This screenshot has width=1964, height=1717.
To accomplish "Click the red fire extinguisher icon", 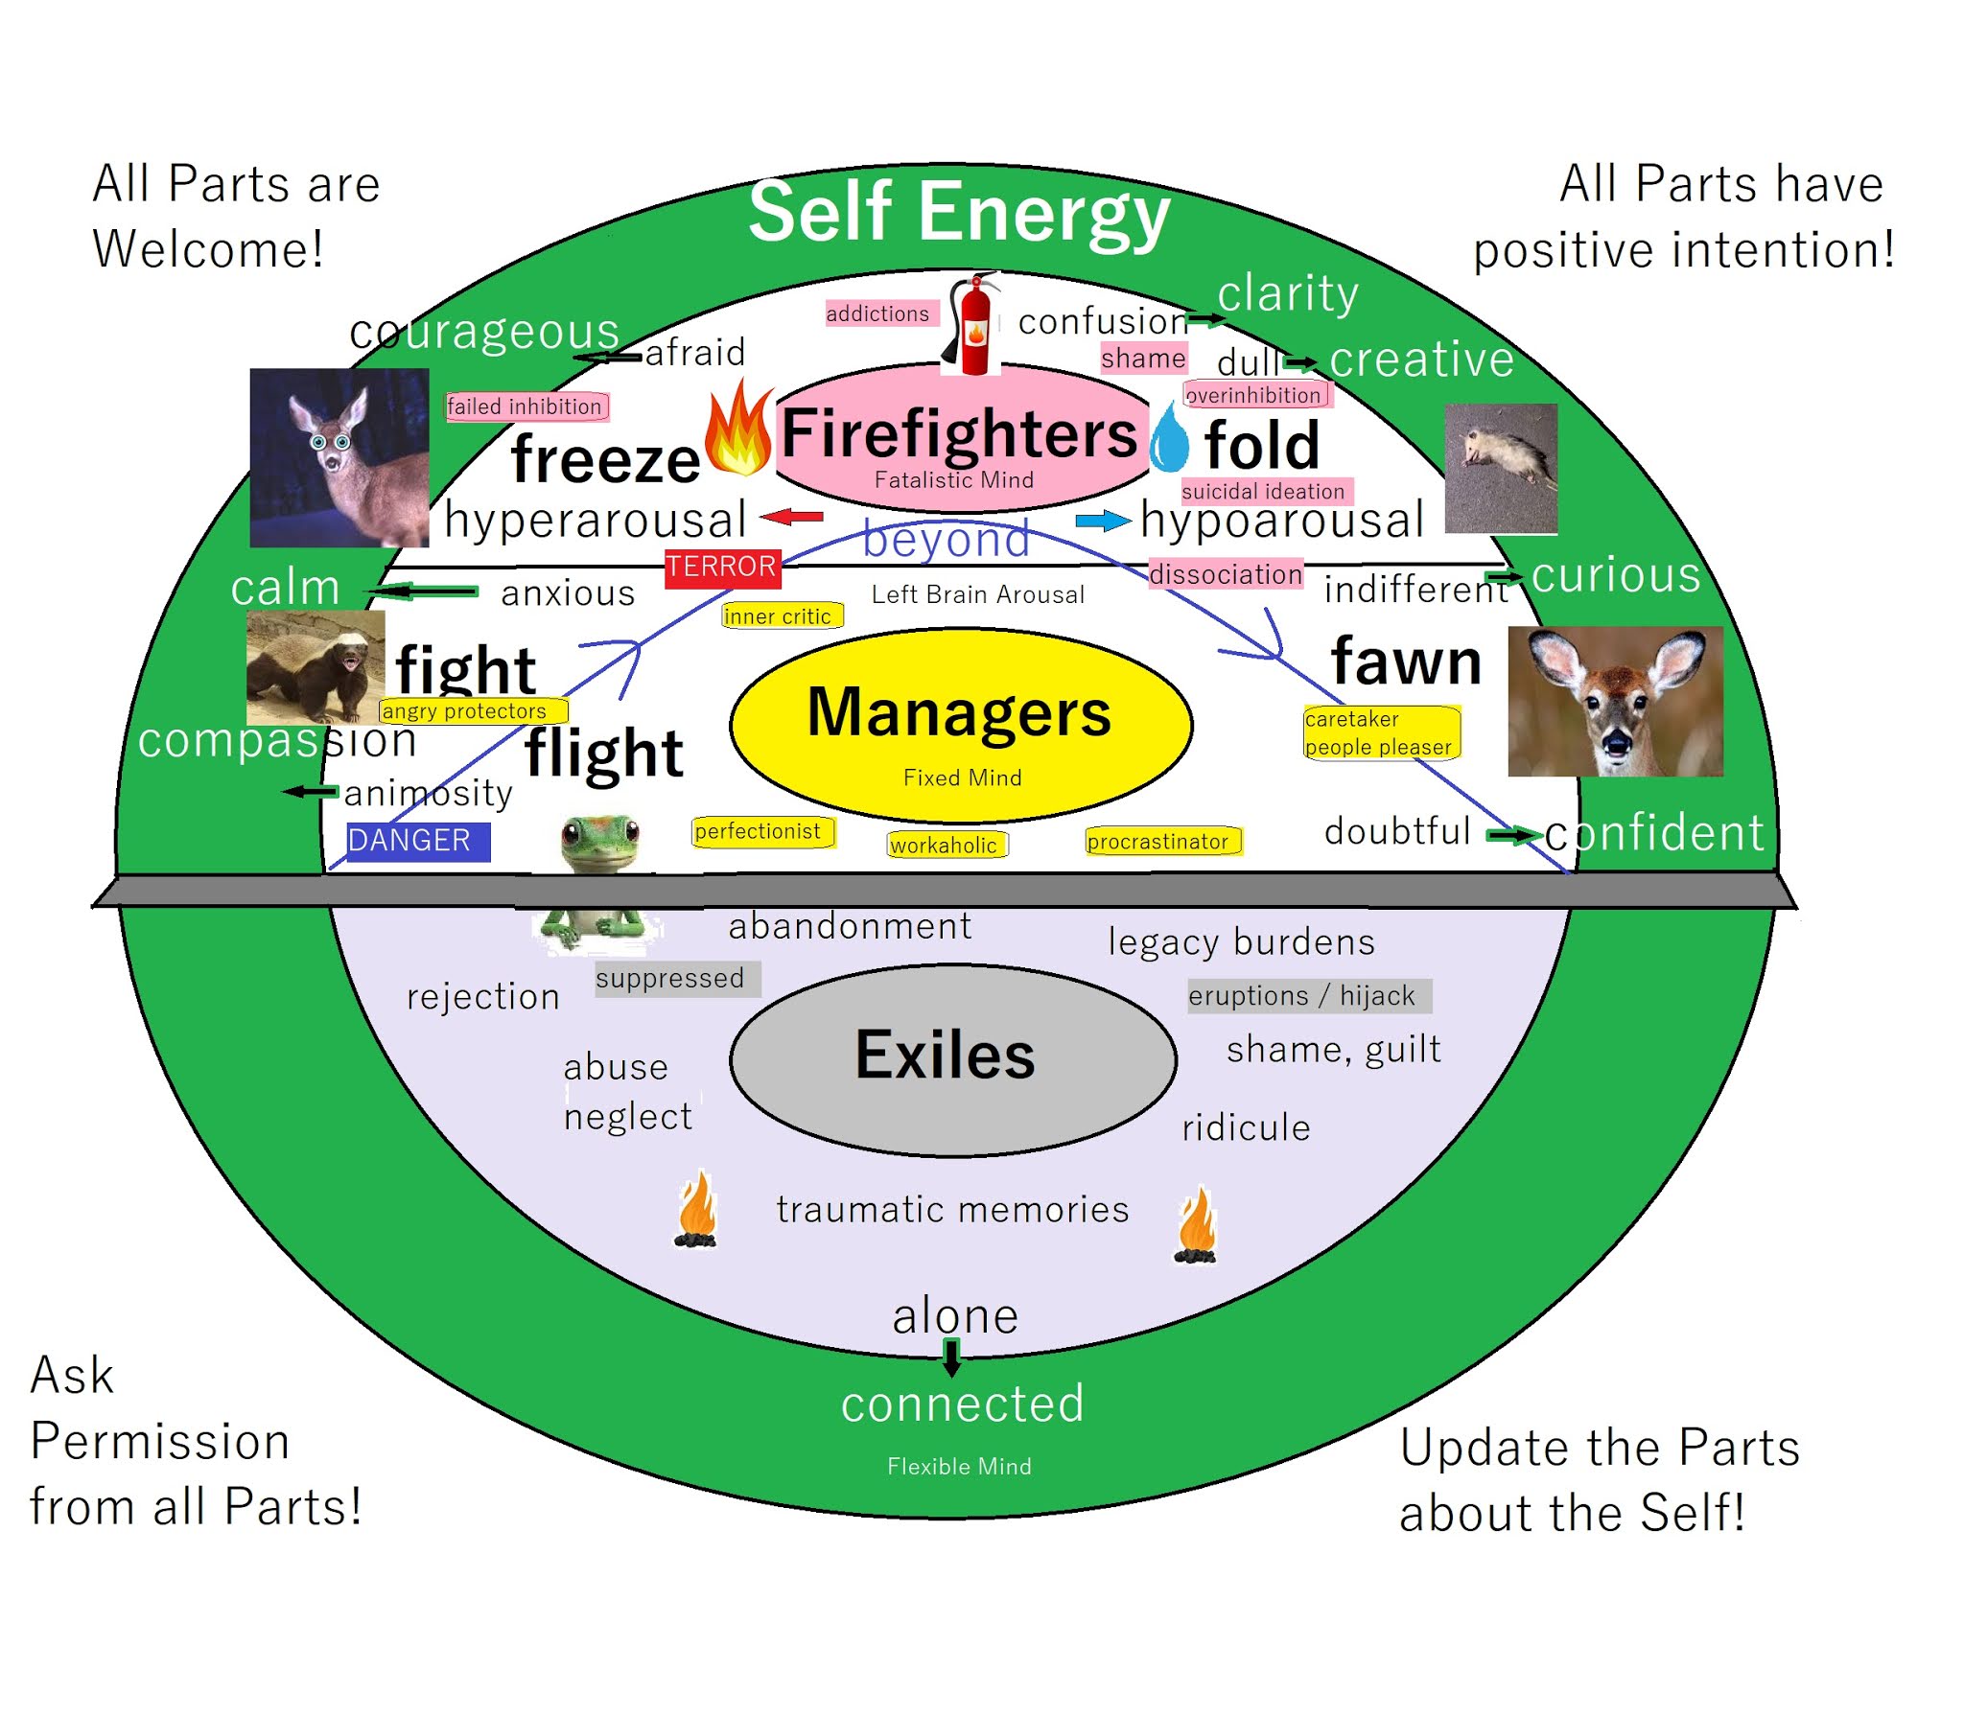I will [x=974, y=326].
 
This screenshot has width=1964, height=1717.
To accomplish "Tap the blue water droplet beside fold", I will [x=1169, y=440].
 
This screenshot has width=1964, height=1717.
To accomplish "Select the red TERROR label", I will [x=723, y=568].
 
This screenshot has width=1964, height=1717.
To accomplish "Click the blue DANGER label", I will [x=417, y=841].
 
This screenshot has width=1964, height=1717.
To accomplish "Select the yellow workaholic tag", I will [x=947, y=845].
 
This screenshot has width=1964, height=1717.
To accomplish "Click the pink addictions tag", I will [x=879, y=313].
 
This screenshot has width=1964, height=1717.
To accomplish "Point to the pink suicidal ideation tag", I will [x=1265, y=492].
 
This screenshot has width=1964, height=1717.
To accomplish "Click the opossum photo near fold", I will [x=1501, y=469].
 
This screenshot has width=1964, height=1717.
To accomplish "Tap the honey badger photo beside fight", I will [x=315, y=668].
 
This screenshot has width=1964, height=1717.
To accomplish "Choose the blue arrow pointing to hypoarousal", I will [x=1103, y=521].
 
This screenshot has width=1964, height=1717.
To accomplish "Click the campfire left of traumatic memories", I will [x=696, y=1211].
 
